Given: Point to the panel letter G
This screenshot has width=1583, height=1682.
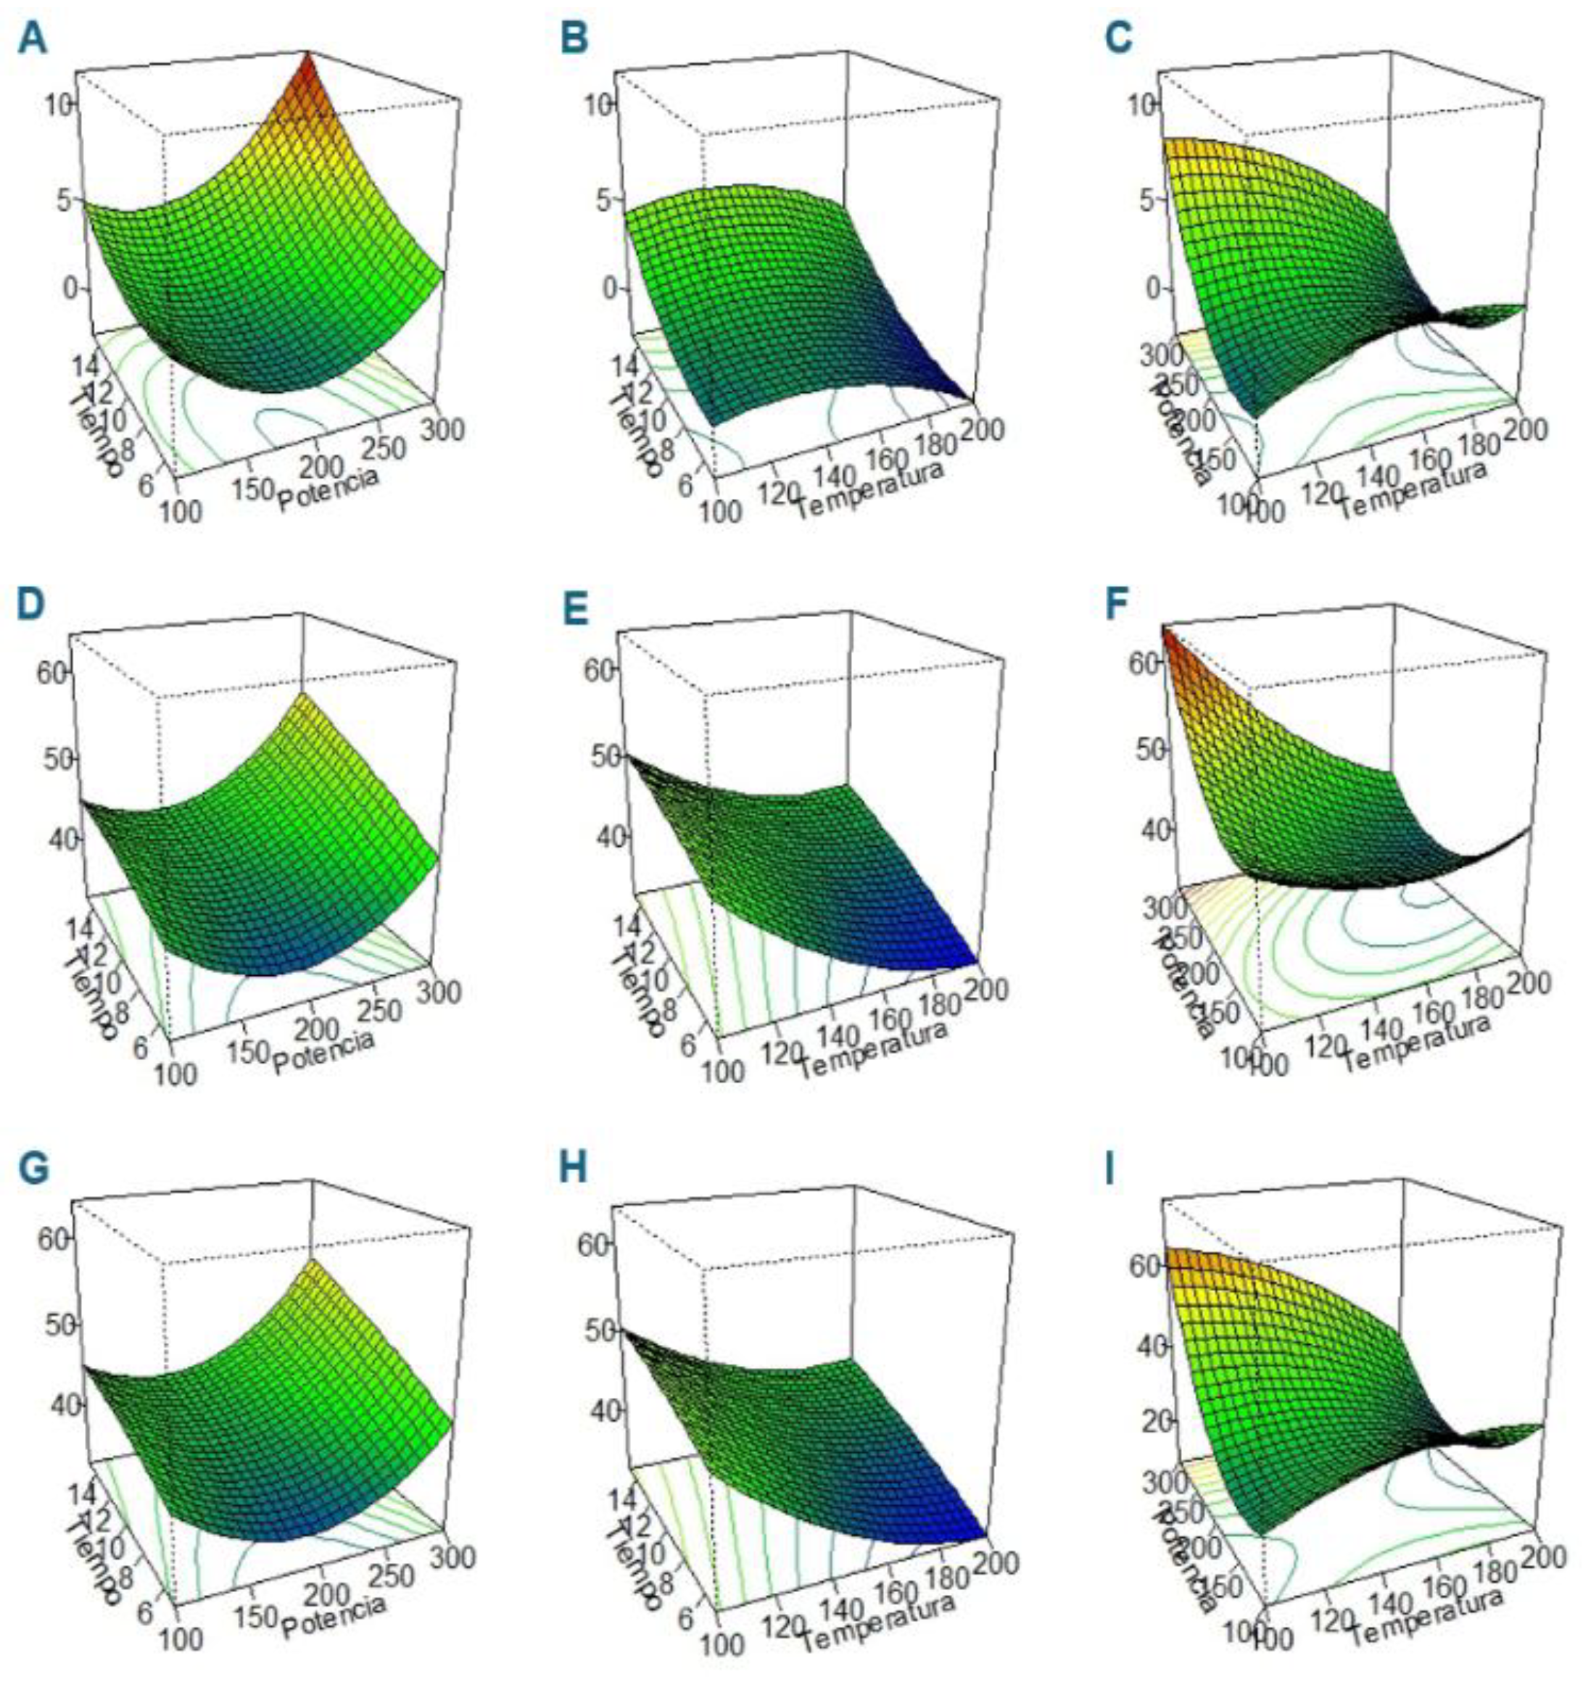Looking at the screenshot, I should click(36, 1169).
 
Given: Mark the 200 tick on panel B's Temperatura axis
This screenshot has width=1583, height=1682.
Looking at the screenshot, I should click(983, 429).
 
